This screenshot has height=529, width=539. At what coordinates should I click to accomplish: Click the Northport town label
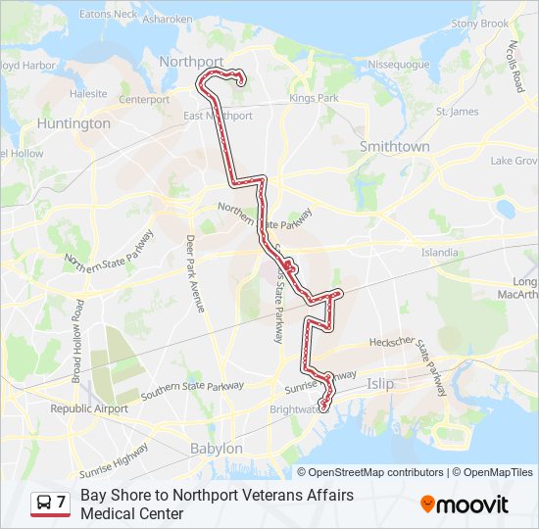coord(192,61)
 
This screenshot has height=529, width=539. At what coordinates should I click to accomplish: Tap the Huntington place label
coord(73,124)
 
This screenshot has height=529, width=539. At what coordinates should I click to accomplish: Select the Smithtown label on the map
coord(395,146)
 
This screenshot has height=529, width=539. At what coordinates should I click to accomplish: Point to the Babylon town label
coord(216,448)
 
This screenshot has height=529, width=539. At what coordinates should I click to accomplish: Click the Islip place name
coord(380,384)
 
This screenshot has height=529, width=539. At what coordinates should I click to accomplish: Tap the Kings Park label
coord(314,99)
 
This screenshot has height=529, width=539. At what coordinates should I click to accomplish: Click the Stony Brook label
coord(480,24)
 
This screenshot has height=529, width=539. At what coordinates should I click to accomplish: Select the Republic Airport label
coord(89,409)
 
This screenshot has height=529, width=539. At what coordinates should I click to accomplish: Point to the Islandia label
coord(439,252)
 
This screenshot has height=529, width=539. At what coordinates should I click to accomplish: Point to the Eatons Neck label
coord(108,15)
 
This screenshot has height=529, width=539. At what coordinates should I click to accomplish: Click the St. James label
coord(457,112)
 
